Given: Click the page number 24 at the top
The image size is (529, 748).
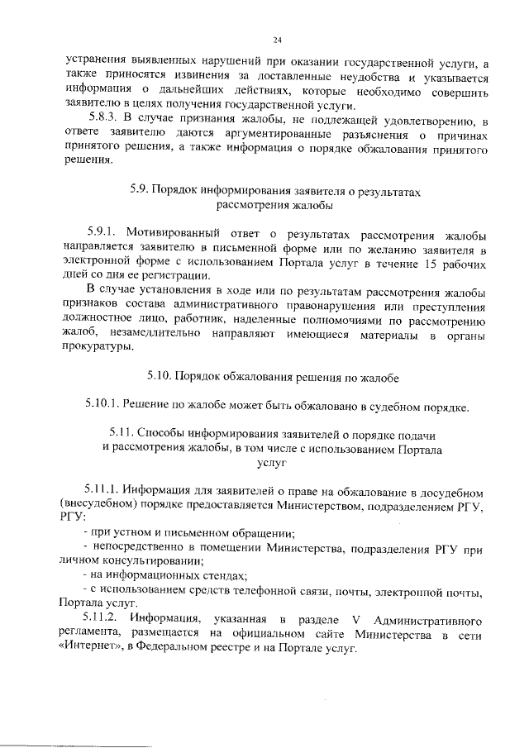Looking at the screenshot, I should pos(277,39).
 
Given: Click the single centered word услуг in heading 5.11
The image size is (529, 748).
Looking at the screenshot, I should pos(271,465).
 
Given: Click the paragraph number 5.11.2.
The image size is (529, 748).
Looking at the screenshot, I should pos(103,619).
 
